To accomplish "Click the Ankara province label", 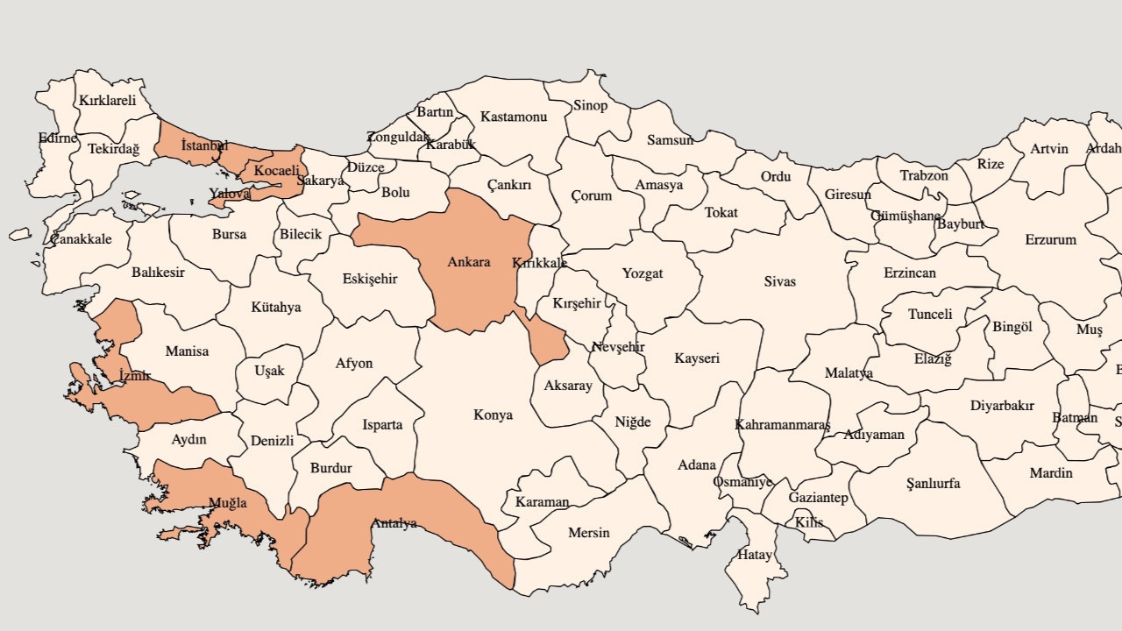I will click(x=469, y=262).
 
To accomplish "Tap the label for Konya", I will click(x=493, y=415).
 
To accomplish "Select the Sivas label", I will click(x=779, y=281).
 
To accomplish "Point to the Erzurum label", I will click(x=1050, y=239).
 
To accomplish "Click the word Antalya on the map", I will click(x=394, y=524).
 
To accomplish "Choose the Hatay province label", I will click(x=754, y=555).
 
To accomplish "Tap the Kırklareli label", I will click(x=108, y=101).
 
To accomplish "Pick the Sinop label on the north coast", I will click(x=590, y=106).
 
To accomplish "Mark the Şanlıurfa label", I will click(x=933, y=483).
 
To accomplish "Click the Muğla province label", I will click(x=227, y=503).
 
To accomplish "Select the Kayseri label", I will click(x=697, y=358).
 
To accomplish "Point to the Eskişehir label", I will click(x=370, y=280).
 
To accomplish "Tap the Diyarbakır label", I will click(x=1002, y=406).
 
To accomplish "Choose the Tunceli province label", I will click(x=930, y=315).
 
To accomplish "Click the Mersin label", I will click(x=588, y=533).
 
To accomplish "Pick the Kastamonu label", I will click(x=514, y=117).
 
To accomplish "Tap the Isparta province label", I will click(x=382, y=425).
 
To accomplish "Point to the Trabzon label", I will click(x=924, y=175).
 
